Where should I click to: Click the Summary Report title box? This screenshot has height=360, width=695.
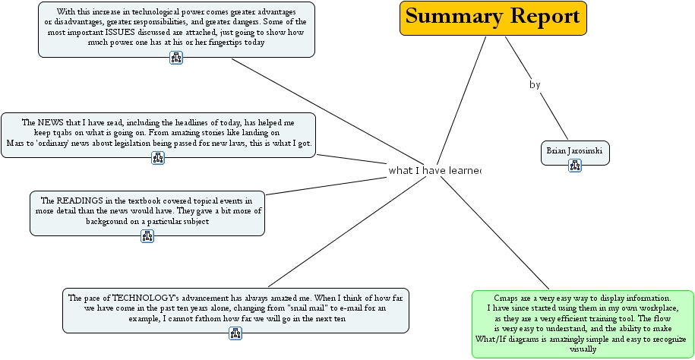point(494,17)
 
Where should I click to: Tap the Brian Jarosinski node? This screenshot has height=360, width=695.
point(574,151)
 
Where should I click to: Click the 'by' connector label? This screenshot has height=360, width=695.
point(535,85)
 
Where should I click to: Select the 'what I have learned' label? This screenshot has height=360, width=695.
point(434,170)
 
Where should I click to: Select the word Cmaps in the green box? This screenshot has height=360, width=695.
point(507,298)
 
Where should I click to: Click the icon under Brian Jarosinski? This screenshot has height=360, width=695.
point(575,166)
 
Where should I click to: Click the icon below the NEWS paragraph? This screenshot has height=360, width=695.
point(158,158)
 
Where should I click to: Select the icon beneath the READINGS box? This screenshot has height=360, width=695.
point(147,236)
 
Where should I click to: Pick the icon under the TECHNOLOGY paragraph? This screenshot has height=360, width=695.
point(235,333)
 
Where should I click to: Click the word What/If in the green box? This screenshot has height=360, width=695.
point(492,339)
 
